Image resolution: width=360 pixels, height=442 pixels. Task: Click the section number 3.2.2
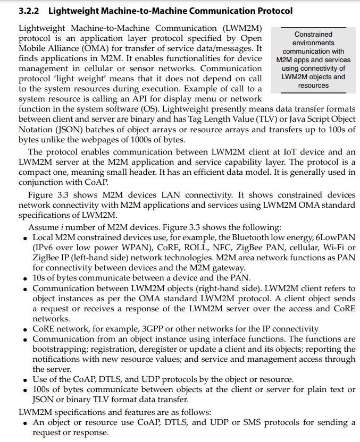pyautogui.click(x=29, y=11)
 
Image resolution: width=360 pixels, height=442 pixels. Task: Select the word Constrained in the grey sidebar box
pyautogui.click(x=313, y=34)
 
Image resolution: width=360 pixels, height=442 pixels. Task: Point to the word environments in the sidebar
pyautogui.click(x=313, y=42)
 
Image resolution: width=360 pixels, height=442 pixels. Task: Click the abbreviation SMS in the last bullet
pyautogui.click(x=252, y=422)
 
